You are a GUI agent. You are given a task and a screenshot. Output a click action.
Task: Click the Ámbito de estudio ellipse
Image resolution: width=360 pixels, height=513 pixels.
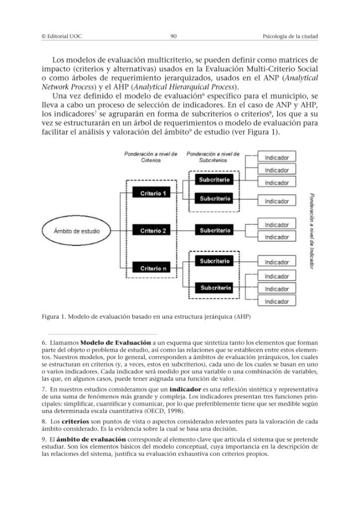(70, 231)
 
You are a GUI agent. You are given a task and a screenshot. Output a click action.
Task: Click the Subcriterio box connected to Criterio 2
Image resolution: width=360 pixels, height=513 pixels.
(215, 230)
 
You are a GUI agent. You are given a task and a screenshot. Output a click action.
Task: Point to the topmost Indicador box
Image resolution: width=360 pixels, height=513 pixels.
(276, 158)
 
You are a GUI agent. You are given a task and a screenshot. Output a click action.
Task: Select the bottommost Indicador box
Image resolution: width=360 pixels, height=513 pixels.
(276, 301)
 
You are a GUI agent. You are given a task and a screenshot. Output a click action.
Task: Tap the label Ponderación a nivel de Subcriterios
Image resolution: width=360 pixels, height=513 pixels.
(213, 157)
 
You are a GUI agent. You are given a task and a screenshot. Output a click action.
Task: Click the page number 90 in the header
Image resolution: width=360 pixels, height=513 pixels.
(173, 37)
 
